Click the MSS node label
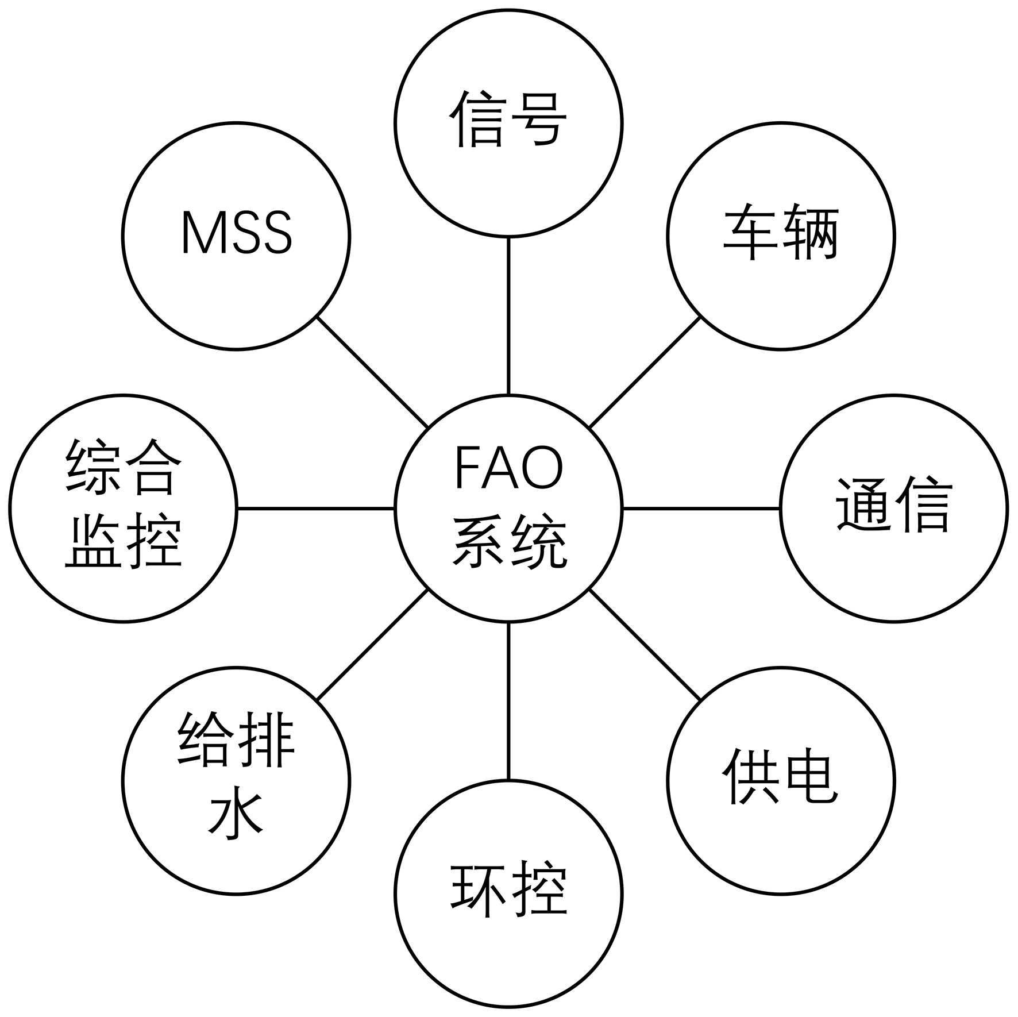click(237, 233)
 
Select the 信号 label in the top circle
click(508, 120)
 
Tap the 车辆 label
click(781, 232)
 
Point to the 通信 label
click(894, 504)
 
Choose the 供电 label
click(780, 776)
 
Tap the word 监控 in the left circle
click(124, 540)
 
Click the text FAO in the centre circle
click(509, 468)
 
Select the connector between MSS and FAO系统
click(372, 372)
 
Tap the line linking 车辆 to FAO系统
click(645, 372)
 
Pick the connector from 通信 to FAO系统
click(701, 509)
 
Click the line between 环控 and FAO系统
click(508, 701)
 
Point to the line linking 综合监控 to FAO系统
click(316, 509)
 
